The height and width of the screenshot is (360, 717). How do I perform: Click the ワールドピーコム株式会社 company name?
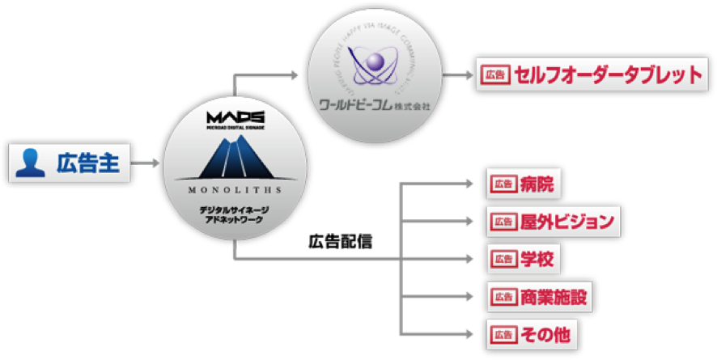[x=375, y=105]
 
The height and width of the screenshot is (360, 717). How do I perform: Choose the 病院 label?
[x=537, y=184]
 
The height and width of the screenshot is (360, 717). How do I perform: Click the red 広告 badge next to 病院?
[x=503, y=184]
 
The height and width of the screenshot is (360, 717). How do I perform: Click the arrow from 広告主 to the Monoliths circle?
[x=146, y=164]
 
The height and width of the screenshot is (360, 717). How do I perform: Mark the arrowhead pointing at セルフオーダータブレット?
[x=466, y=76]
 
